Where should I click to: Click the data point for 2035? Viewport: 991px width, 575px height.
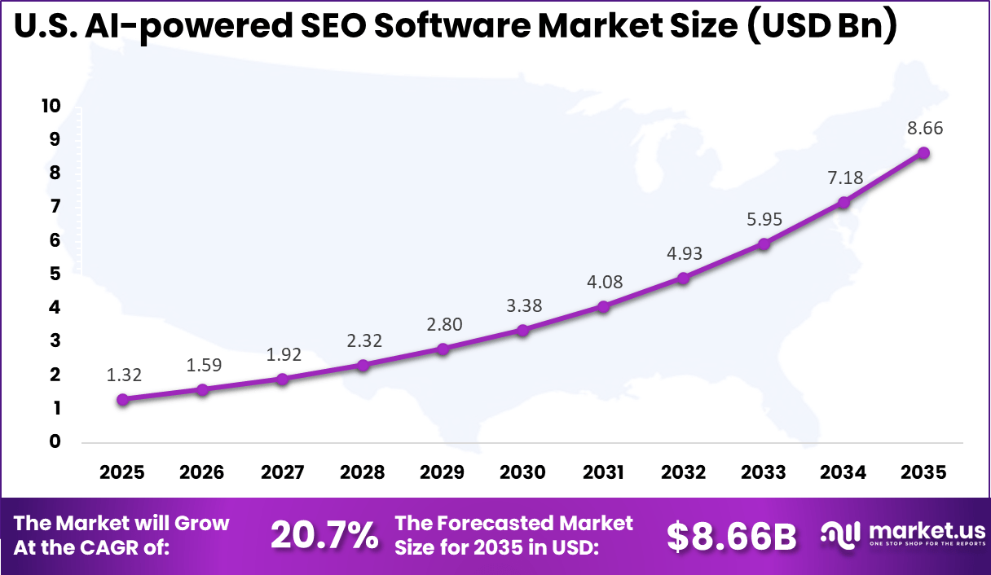click(923, 153)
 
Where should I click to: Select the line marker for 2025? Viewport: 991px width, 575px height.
click(122, 399)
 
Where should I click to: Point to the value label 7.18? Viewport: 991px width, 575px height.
click(844, 178)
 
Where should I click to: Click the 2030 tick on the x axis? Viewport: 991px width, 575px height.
click(522, 472)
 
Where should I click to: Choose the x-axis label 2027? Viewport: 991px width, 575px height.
click(282, 472)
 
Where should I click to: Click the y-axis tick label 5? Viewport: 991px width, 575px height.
click(54, 274)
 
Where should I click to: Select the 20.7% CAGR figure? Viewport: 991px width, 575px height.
click(324, 535)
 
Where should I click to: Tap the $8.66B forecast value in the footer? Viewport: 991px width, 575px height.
click(731, 535)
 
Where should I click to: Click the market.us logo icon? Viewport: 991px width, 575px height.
click(841, 535)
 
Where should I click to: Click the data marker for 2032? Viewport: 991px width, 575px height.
click(683, 278)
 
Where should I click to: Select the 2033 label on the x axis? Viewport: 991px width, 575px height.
click(763, 472)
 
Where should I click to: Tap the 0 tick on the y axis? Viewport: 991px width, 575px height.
click(54, 441)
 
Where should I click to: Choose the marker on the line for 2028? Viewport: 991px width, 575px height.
click(363, 365)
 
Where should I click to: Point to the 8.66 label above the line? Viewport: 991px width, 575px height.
click(923, 128)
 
